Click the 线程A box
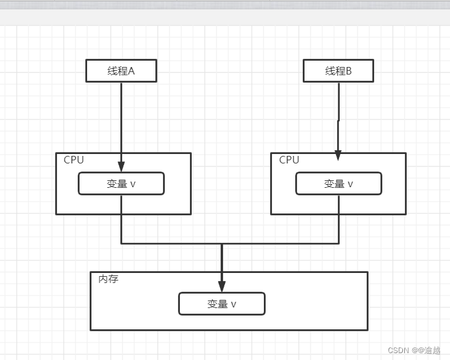121,71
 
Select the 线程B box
338,71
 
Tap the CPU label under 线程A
73,160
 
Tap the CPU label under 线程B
289,160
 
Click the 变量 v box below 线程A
121,183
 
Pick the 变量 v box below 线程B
338,183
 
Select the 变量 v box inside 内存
222,304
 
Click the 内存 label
108,279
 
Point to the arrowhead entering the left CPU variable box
121,167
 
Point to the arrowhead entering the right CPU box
338,155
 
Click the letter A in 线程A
132,71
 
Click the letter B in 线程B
348,71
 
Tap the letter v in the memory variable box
234,304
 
